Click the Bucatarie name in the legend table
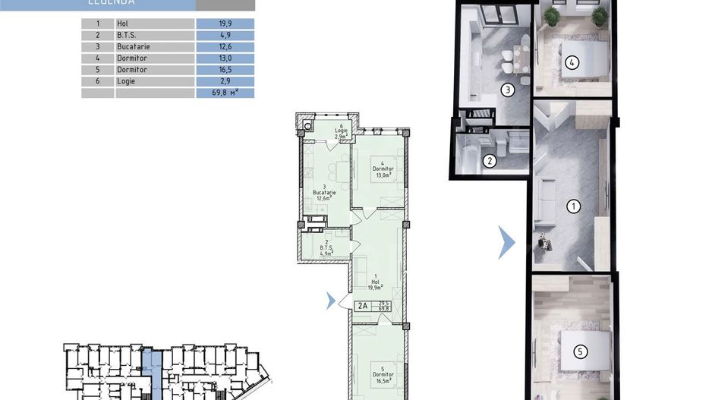134,46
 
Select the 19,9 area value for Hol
225,24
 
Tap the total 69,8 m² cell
225,93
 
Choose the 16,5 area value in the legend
225,69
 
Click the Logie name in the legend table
126,80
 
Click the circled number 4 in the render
573,63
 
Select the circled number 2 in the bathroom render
490,160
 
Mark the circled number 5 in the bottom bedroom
580,351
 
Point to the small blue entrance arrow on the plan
330,301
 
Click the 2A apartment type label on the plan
362,306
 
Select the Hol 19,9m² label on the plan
374,283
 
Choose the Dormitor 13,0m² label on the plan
381,172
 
